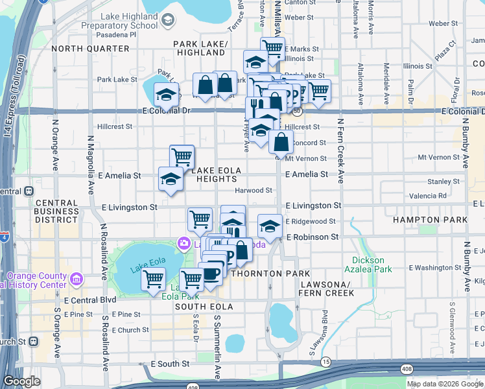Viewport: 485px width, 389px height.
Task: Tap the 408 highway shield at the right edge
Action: pyautogui.click(x=477, y=370)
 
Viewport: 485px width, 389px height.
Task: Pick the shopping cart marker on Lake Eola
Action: pyautogui.click(x=153, y=280)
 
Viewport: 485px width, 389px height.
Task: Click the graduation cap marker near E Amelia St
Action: pyautogui.click(x=171, y=179)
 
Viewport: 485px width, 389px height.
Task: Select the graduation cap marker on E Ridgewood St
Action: pyautogui.click(x=270, y=226)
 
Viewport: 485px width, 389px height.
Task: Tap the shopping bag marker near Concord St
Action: pyautogui.click(x=281, y=141)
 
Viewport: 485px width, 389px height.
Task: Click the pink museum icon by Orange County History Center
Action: pyautogui.click(x=77, y=279)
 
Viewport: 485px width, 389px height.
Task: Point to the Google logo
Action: pyautogui.click(x=22, y=381)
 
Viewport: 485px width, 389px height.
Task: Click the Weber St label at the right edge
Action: pyautogui.click(x=444, y=23)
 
